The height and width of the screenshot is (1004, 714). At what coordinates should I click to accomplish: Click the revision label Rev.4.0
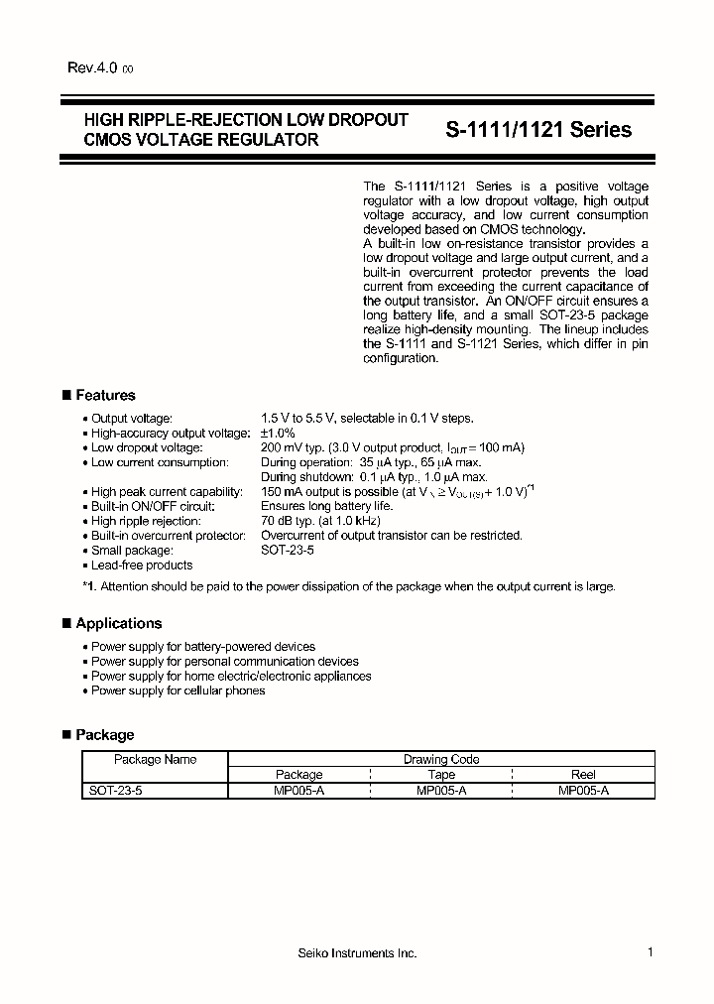click(x=92, y=68)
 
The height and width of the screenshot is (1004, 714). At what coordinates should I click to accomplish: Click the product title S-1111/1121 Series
click(x=537, y=130)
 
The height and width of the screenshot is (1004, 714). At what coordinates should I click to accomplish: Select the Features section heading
click(x=105, y=395)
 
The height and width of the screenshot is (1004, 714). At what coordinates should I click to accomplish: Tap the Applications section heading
click(x=118, y=623)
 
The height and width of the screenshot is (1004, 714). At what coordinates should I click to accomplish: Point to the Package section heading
click(x=104, y=734)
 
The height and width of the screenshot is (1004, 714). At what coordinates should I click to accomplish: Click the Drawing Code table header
click(x=441, y=759)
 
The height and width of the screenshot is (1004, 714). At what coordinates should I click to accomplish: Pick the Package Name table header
click(x=155, y=759)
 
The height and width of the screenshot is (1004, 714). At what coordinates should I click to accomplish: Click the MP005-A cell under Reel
click(x=584, y=791)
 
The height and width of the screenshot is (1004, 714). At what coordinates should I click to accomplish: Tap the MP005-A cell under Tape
click(x=441, y=791)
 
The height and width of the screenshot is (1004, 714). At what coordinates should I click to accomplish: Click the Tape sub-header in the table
click(x=441, y=775)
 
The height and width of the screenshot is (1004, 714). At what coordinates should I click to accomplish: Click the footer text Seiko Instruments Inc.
click(x=357, y=952)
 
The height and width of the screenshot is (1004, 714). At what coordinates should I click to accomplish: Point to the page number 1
click(x=650, y=952)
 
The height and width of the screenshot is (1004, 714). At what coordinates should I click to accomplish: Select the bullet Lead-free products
click(x=142, y=565)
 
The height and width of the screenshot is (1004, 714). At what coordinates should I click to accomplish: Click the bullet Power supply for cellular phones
click(x=178, y=690)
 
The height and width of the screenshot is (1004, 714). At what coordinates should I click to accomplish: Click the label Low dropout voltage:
click(x=147, y=447)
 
